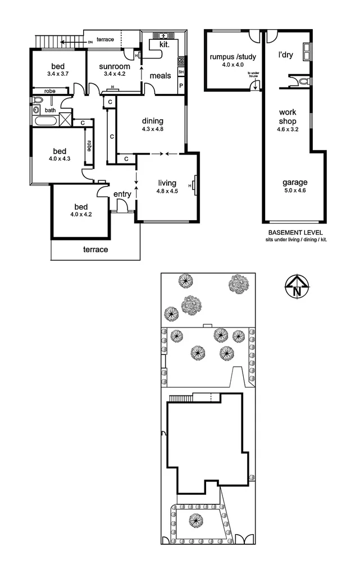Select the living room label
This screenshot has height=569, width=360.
(x=167, y=183)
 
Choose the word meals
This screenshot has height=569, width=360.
(x=160, y=75)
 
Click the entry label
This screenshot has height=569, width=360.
(x=122, y=194)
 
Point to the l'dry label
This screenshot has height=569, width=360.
(x=288, y=56)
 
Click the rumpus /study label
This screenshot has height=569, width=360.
(x=230, y=57)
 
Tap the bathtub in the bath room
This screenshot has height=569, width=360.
(x=45, y=120)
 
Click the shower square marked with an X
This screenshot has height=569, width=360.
(x=66, y=119)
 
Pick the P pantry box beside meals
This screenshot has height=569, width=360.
(x=181, y=85)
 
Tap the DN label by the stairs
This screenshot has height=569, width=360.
(x=90, y=42)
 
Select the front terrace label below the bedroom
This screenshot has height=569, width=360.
(x=95, y=249)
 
